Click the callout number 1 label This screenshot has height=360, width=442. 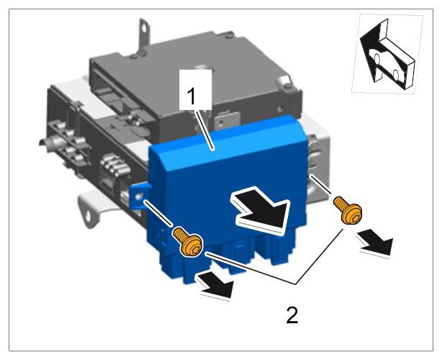191,96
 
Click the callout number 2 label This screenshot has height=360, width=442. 292,315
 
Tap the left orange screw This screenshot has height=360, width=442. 188,242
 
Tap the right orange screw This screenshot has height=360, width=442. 347,210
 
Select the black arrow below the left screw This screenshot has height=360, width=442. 217,285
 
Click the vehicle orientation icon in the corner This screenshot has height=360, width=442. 387,53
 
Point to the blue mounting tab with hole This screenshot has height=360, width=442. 139,197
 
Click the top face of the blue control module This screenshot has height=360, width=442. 228,141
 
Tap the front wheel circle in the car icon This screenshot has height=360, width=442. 378,58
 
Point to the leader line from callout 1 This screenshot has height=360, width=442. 207,129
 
